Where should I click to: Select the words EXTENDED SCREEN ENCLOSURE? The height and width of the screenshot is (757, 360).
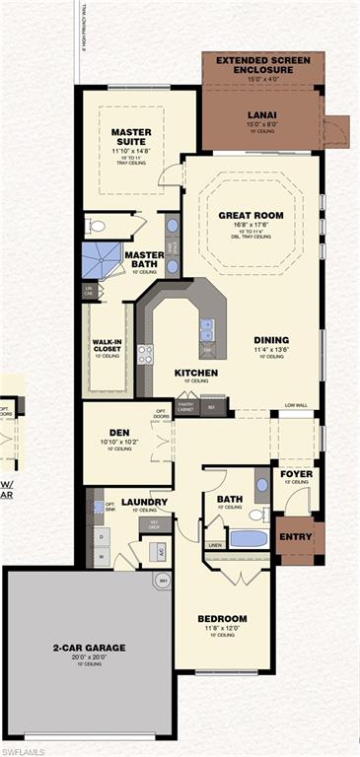[262, 65]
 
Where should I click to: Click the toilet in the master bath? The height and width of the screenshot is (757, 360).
[98, 226]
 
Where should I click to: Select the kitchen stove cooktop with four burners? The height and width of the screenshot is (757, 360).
[145, 354]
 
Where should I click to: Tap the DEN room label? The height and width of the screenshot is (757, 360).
[119, 431]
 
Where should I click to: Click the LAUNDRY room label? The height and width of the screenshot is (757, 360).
[144, 501]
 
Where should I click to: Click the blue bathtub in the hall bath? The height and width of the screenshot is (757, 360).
[248, 539]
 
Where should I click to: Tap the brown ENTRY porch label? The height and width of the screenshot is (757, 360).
[295, 537]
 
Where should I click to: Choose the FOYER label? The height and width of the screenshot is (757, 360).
[296, 473]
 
